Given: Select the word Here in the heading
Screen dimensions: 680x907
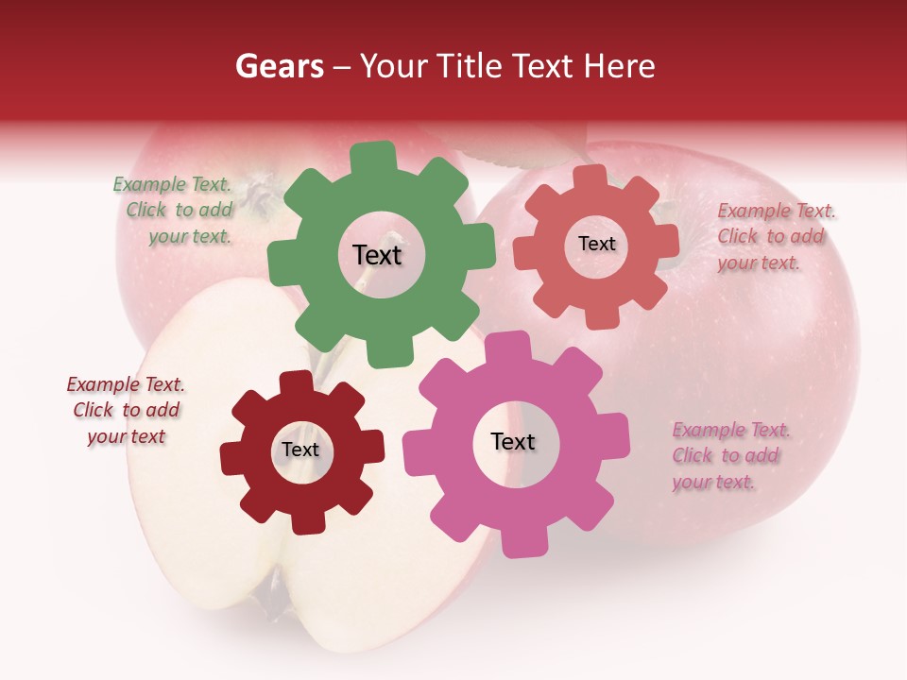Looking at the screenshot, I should point(620,66).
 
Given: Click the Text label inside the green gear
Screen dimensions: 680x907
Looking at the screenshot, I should point(377,255).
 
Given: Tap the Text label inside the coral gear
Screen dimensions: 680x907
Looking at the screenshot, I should point(596,244).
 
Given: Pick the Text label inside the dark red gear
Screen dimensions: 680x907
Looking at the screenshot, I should point(300,450).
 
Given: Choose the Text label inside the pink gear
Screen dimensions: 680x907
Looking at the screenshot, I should point(513,441).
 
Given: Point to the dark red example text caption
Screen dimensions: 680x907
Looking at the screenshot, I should point(126,411).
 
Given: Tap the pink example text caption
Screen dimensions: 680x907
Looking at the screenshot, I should point(727,456).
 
